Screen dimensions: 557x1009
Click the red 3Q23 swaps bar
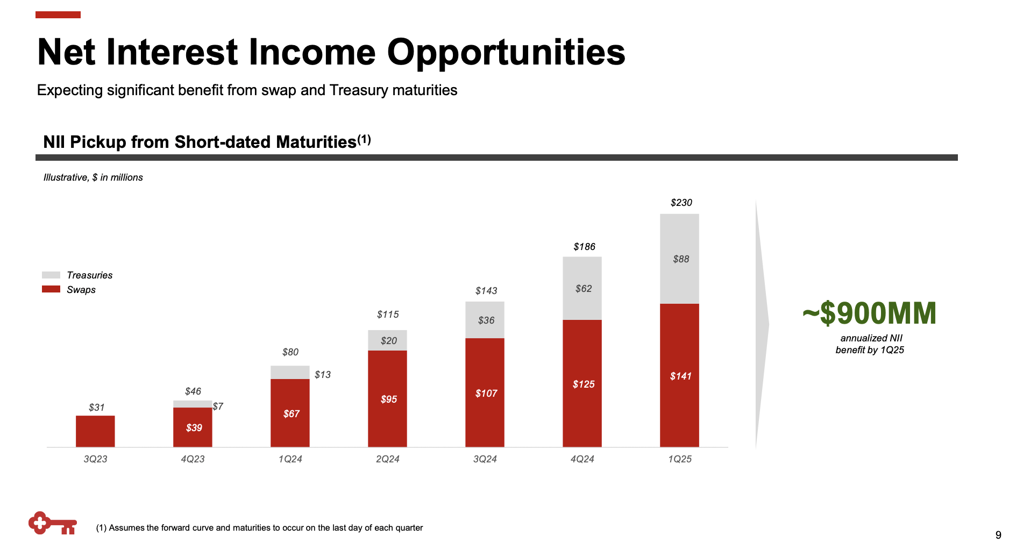[95, 431]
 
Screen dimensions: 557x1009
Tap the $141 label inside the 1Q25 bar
[680, 376]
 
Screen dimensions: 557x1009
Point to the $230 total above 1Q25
[681, 203]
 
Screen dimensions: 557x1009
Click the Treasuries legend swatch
[51, 275]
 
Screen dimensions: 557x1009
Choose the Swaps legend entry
[81, 290]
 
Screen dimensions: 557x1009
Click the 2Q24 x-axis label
[387, 459]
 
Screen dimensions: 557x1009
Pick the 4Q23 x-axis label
[193, 459]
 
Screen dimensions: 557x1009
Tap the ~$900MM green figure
[869, 313]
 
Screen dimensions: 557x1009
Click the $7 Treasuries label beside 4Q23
[218, 406]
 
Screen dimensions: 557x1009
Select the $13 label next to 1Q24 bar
[323, 375]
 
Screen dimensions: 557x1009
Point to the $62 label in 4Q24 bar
[583, 289]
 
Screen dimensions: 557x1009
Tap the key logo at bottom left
[52, 523]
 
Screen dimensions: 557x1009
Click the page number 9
[998, 535]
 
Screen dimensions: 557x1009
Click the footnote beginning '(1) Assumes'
[259, 528]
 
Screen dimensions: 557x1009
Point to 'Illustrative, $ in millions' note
[93, 177]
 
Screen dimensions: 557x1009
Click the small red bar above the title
[58, 15]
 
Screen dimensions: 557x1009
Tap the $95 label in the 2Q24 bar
[388, 399]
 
